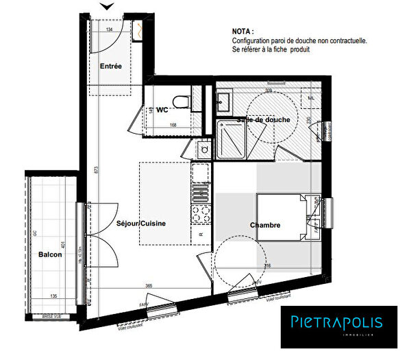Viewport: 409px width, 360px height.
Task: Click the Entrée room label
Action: (x=111, y=67)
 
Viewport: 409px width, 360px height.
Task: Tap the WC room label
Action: (x=162, y=109)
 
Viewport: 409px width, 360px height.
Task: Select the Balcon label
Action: (x=50, y=255)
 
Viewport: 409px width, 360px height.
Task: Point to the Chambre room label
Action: (x=264, y=225)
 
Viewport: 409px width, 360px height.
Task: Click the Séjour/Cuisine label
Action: (x=142, y=224)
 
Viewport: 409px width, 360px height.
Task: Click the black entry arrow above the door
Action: (x=108, y=7)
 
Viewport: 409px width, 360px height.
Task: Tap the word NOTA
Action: (x=242, y=32)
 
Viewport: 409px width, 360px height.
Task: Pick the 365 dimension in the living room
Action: (x=149, y=285)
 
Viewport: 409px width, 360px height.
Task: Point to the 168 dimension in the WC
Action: (x=174, y=125)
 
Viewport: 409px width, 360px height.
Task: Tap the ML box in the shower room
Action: (x=311, y=99)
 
